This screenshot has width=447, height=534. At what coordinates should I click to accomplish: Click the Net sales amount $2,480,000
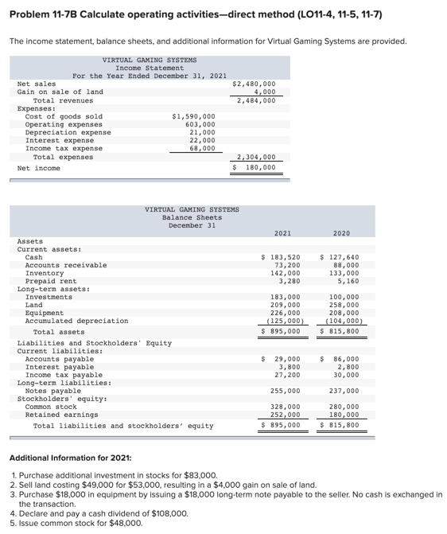point(255,84)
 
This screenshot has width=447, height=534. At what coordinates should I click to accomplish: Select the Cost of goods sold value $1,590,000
point(193,116)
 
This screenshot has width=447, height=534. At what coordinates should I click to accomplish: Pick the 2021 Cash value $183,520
point(282,258)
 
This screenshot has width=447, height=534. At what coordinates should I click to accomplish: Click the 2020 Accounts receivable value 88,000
point(343,266)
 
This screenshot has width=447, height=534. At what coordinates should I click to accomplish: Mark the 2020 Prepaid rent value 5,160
point(346,282)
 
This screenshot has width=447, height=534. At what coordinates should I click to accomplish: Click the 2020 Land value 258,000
point(343,306)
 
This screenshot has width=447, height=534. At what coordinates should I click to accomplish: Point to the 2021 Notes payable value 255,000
point(285,392)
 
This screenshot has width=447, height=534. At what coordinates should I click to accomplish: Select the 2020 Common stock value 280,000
point(343,407)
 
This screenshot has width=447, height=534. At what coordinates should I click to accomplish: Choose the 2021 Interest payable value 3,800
point(290,367)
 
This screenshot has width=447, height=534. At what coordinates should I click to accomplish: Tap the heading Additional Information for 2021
point(70,458)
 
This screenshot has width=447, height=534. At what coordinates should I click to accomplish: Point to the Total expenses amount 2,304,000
point(256,157)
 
